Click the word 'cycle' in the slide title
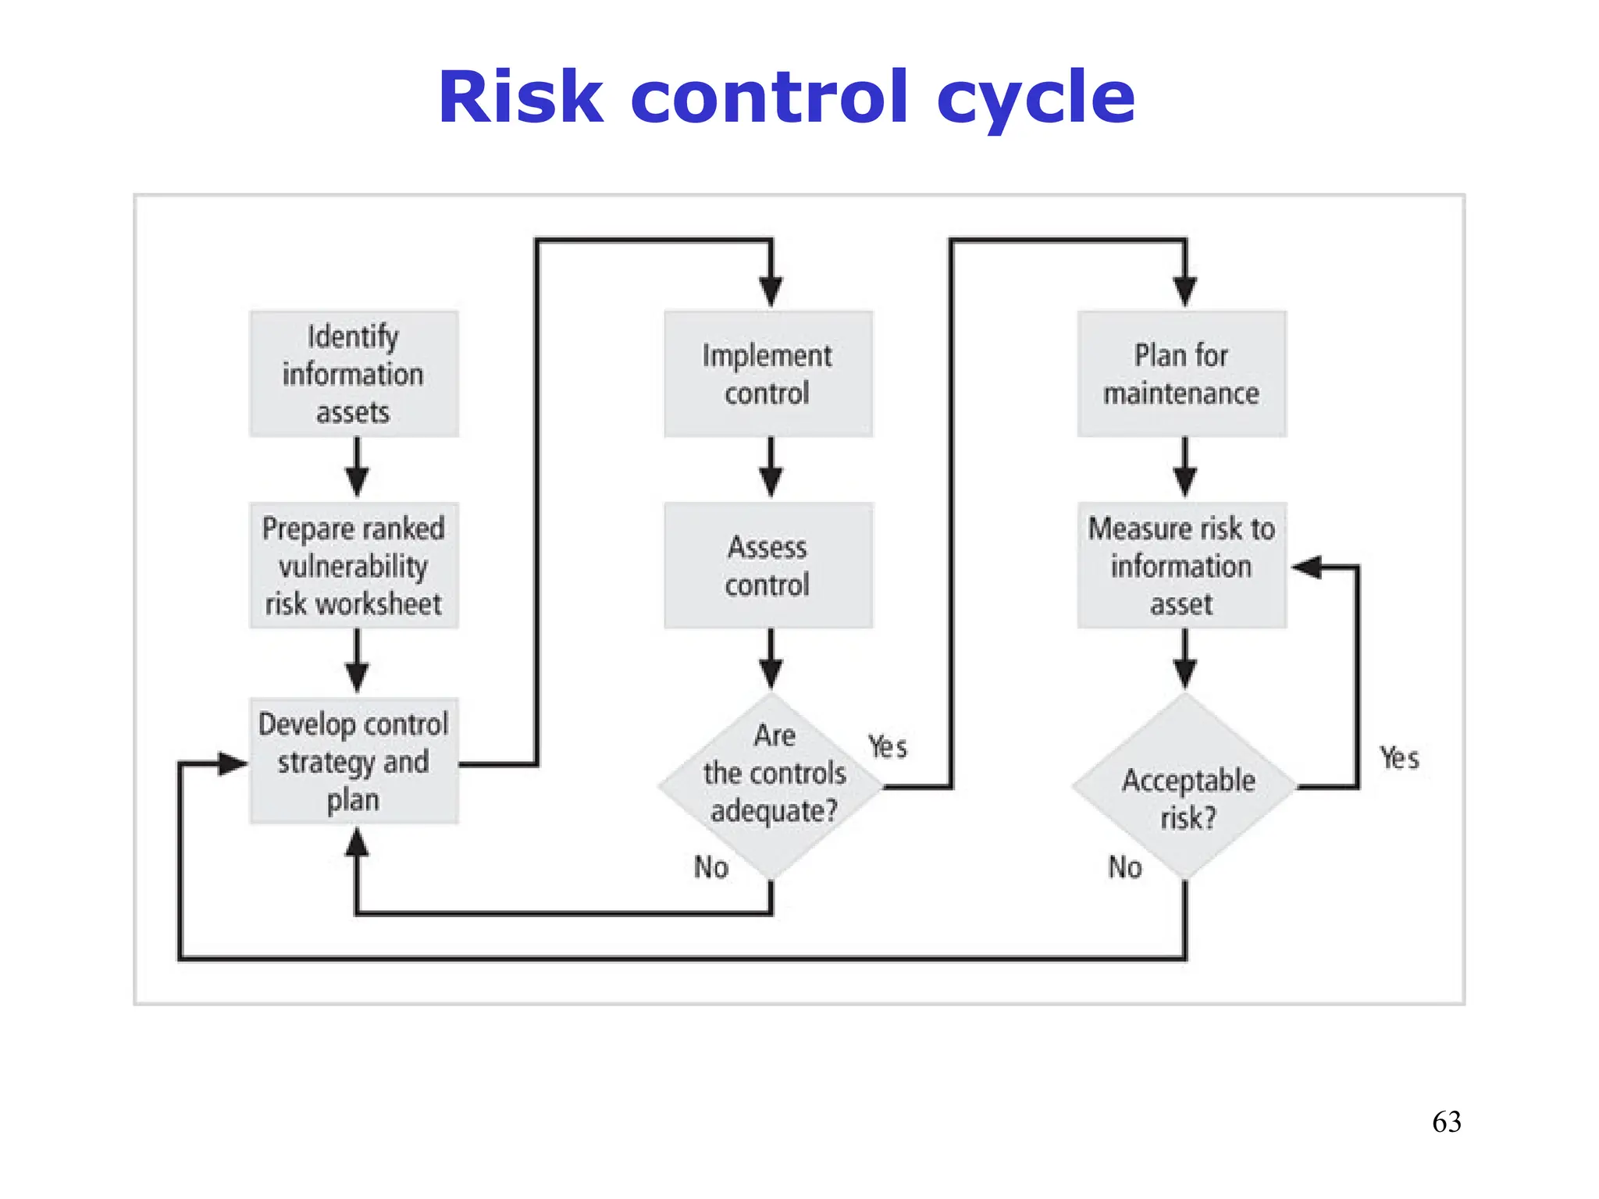click(1035, 98)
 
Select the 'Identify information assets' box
click(354, 374)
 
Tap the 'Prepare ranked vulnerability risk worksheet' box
click(354, 566)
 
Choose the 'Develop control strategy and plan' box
click(354, 761)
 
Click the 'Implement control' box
click(767, 374)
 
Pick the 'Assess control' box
click(767, 566)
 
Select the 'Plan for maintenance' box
click(1181, 374)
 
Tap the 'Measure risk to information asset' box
click(1181, 566)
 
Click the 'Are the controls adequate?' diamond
click(771, 785)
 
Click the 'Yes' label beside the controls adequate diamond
click(888, 747)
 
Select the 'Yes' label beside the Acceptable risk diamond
click(1399, 758)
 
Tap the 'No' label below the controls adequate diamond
click(711, 867)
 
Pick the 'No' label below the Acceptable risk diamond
click(1125, 867)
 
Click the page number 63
click(1447, 1122)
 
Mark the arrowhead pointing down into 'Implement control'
click(771, 292)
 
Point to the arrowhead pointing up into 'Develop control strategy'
click(357, 843)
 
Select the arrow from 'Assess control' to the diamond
click(771, 660)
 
